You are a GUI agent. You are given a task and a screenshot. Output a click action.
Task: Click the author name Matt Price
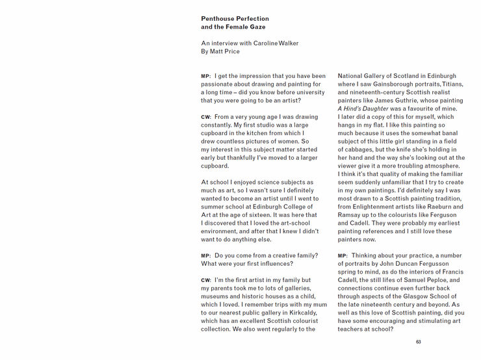225,51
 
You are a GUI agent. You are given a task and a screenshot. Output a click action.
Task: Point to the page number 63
419,342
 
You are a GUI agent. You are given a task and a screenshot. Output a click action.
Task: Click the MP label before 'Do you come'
206,256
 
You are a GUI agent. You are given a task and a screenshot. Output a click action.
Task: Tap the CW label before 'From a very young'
206,117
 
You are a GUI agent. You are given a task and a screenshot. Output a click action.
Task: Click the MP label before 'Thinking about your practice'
343,256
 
